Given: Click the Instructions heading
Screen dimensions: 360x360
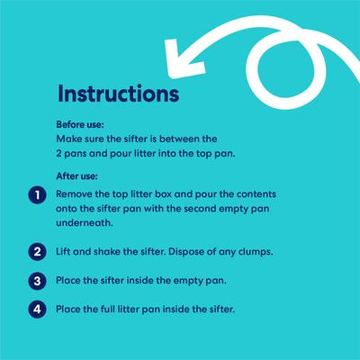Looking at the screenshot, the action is click(x=119, y=94).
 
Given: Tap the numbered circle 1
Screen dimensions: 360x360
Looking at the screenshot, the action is click(x=37, y=195).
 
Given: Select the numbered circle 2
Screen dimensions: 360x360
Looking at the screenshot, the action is click(x=37, y=251).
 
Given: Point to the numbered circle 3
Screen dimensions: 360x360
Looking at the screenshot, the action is click(x=37, y=281).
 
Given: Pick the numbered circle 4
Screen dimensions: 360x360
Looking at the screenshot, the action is click(x=37, y=309).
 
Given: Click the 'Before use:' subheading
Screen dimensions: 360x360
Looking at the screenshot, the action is click(x=80, y=124).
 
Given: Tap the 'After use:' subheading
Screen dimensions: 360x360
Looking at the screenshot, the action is click(x=76, y=176).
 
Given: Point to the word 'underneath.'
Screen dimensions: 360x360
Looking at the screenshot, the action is click(x=85, y=223).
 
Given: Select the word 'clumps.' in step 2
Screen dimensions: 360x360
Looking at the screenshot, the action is click(x=256, y=252).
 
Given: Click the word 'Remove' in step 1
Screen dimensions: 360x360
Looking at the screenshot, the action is click(x=74, y=194).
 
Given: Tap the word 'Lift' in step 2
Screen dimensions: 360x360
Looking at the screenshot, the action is click(x=63, y=251).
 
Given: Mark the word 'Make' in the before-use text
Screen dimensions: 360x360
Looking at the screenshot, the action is click(x=66, y=139).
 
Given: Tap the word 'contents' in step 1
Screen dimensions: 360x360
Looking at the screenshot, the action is click(x=256, y=194).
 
